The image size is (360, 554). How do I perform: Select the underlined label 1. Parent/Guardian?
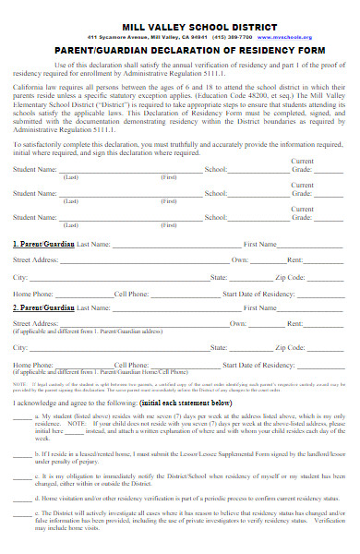[x=43, y=244]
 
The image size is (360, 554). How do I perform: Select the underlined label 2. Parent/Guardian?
[x=43, y=307]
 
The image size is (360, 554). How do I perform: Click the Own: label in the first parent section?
[x=239, y=260]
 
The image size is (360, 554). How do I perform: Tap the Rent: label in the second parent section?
[x=294, y=324]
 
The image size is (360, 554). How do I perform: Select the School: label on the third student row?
[x=215, y=218]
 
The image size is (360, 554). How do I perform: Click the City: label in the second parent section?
[x=19, y=348]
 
